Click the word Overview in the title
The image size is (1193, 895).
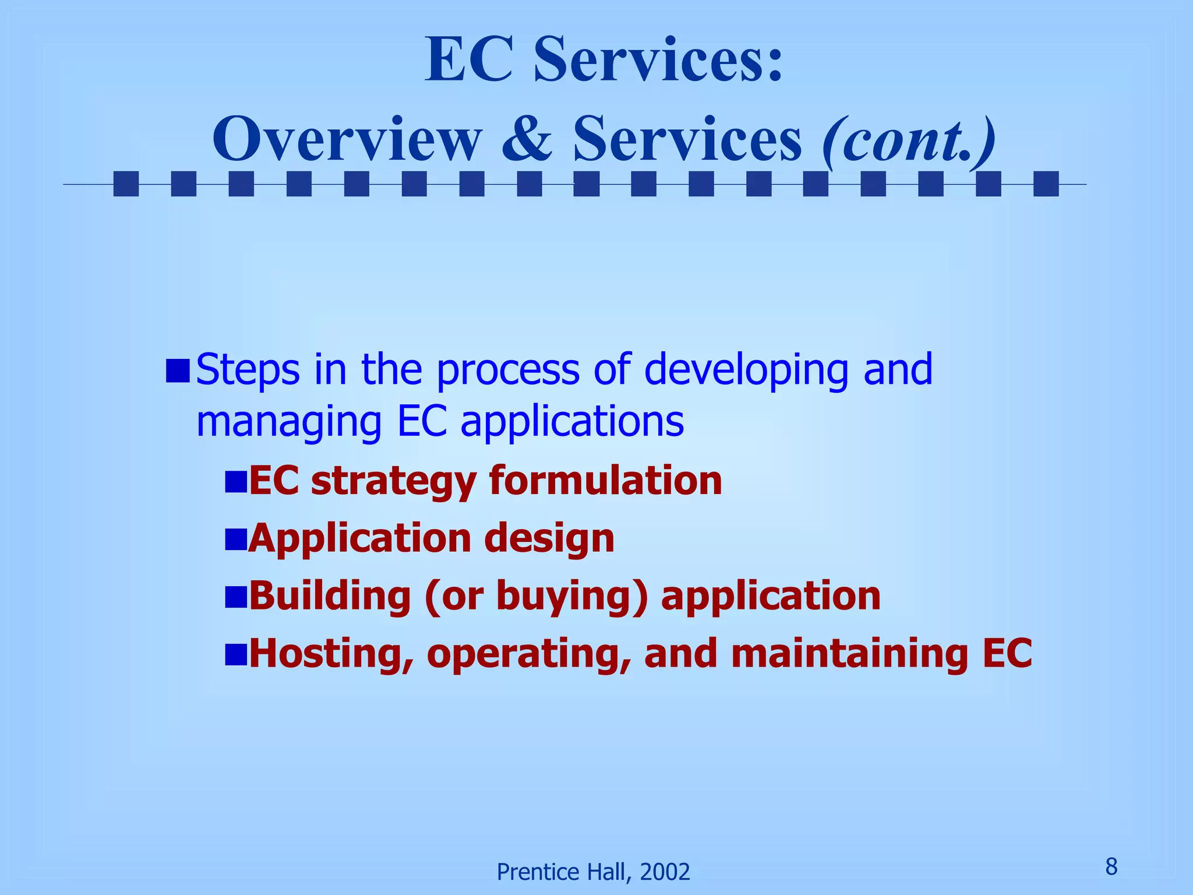pyautogui.click(x=347, y=140)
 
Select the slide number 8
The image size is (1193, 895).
pyautogui.click(x=1111, y=867)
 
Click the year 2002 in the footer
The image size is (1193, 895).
pyautogui.click(x=665, y=872)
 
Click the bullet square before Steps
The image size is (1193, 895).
pyautogui.click(x=178, y=371)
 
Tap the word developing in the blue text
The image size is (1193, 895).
pyautogui.click(x=746, y=371)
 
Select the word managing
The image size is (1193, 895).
pyautogui.click(x=289, y=423)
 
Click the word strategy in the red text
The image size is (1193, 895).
pyautogui.click(x=394, y=481)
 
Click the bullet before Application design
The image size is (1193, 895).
pyautogui.click(x=236, y=539)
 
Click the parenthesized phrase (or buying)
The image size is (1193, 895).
pyautogui.click(x=537, y=597)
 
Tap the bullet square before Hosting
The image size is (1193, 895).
pyautogui.click(x=236, y=654)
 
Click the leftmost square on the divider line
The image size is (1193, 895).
pyautogui.click(x=126, y=184)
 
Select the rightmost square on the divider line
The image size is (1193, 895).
pyautogui.click(x=1046, y=184)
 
